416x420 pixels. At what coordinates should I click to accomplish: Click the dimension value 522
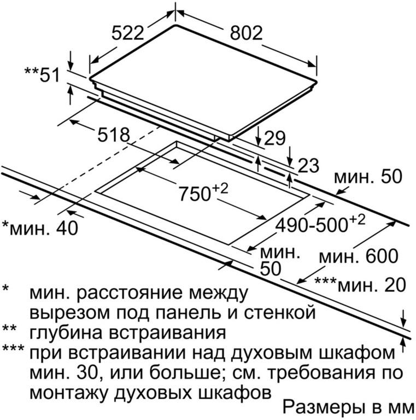pyautogui.click(x=128, y=33)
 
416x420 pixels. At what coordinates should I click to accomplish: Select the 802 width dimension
pyautogui.click(x=247, y=33)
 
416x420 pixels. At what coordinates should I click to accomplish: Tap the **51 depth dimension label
pyautogui.click(x=42, y=74)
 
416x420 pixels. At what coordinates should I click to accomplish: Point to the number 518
pyautogui.click(x=114, y=135)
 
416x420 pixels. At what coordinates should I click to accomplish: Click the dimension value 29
pyautogui.click(x=274, y=138)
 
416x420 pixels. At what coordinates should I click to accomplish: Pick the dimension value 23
pyautogui.click(x=308, y=166)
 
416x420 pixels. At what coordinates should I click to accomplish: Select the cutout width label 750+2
pyautogui.click(x=203, y=192)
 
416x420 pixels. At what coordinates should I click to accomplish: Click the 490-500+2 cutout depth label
pyautogui.click(x=320, y=224)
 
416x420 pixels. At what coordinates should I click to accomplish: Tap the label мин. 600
pyautogui.click(x=359, y=256)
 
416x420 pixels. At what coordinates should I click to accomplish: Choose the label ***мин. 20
pyautogui.click(x=360, y=284)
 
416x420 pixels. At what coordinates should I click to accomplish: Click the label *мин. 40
pyautogui.click(x=40, y=228)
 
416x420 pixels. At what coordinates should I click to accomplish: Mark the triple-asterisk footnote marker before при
pyautogui.click(x=13, y=348)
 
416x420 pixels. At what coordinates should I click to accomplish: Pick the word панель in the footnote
pyautogui.click(x=190, y=312)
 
